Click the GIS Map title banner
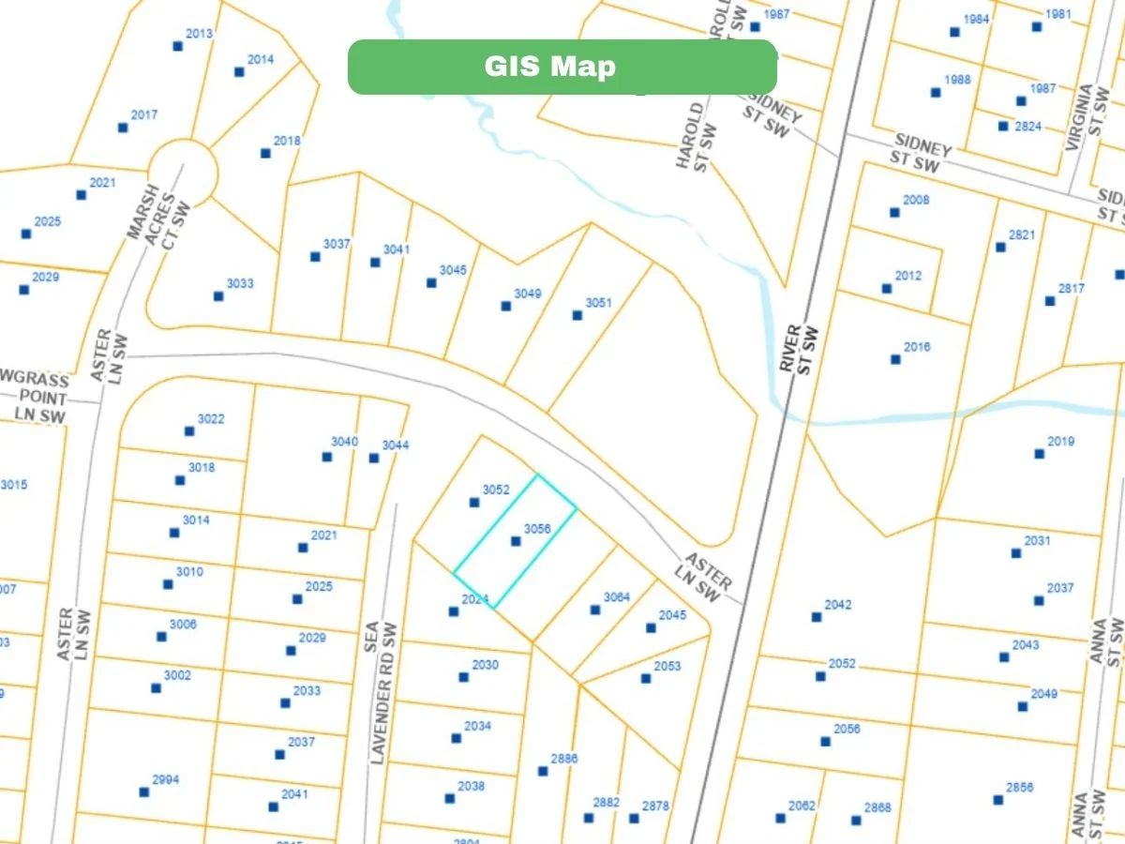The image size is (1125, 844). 562,67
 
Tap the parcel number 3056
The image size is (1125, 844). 537,529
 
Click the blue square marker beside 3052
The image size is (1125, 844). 474,503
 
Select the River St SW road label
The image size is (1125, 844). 800,350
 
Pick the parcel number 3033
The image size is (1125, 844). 240,283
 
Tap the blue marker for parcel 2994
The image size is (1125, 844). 143,792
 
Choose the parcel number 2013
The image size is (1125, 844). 200,34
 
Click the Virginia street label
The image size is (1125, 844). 1087,117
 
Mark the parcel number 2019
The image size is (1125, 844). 1061,442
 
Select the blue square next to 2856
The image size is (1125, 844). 998,800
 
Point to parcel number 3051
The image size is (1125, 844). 598,303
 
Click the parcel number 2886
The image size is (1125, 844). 564,759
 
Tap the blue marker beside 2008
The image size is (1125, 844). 894,213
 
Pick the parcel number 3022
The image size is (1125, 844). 211,419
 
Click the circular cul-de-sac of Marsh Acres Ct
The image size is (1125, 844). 184,172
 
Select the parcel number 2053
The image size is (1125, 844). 667,667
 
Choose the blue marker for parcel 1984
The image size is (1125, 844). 954,32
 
